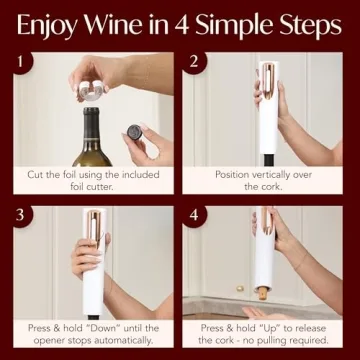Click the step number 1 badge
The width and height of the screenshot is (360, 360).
[16, 62]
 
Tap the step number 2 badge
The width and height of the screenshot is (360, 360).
[195, 62]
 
